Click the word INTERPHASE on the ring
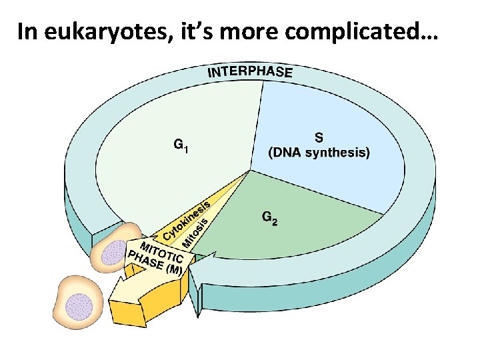250,72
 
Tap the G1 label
181,144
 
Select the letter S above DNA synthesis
319,137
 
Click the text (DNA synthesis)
319,153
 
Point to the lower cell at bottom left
77,303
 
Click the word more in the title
271,31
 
